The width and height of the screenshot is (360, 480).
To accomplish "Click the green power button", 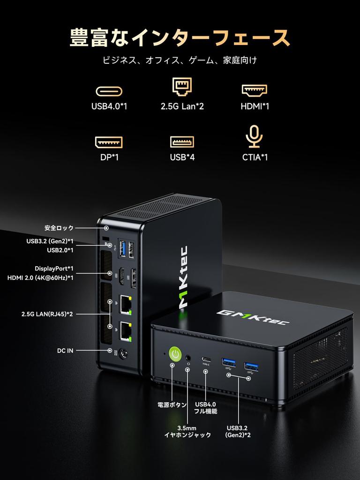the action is click(175, 354).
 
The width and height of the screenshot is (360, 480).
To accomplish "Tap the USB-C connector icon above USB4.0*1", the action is click(109, 90).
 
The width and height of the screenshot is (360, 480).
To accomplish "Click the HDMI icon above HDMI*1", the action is click(255, 90).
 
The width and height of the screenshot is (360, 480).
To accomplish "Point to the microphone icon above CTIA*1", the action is click(254, 136).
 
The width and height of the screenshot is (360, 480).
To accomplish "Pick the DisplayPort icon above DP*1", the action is click(109, 142).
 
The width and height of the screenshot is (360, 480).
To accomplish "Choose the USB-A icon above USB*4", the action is click(182, 142).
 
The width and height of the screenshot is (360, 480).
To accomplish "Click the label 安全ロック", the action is click(59, 228).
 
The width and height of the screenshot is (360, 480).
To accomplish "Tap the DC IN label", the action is click(65, 350).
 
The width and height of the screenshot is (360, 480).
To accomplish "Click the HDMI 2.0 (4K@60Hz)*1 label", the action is click(40, 278).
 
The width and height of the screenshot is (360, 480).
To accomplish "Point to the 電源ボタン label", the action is click(172, 405).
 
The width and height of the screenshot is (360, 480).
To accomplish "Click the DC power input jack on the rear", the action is click(125, 355).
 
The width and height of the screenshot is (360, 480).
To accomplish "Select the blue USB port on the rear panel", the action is click(123, 247).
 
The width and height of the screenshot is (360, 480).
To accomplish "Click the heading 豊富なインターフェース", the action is click(180, 37).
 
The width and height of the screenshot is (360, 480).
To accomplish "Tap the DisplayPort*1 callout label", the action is click(54, 269).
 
